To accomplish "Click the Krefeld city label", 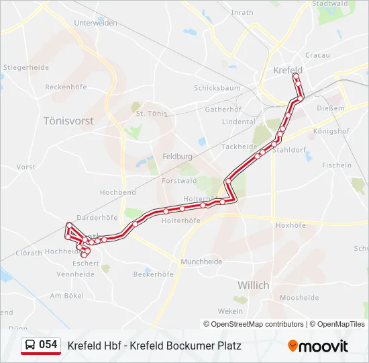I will click(288, 70).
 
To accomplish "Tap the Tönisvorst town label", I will click(68, 121).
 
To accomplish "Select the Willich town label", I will click(253, 285).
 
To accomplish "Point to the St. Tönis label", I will click(150, 114).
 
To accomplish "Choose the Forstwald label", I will click(179, 180).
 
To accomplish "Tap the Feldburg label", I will click(178, 156).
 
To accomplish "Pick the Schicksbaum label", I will click(217, 88).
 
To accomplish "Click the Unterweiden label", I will click(95, 22).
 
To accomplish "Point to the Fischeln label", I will click(337, 165).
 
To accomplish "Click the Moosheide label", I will click(299, 297).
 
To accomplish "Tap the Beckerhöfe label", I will click(154, 274).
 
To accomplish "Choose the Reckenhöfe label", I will click(66, 87).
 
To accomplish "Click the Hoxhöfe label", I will click(291, 225).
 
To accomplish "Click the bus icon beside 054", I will click(30, 345).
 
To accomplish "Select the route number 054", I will click(48, 345).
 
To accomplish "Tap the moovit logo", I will click(318, 346).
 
